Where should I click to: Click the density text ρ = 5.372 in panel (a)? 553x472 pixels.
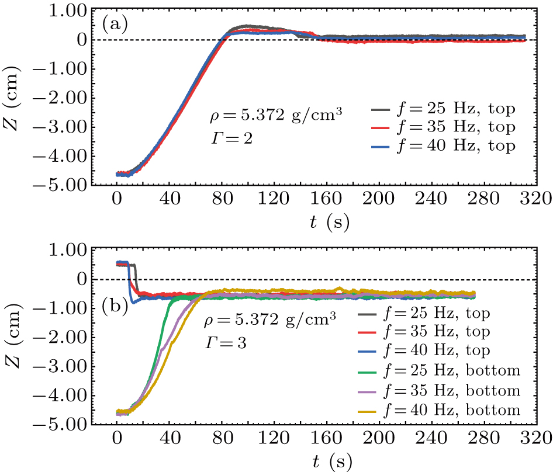[275, 116]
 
